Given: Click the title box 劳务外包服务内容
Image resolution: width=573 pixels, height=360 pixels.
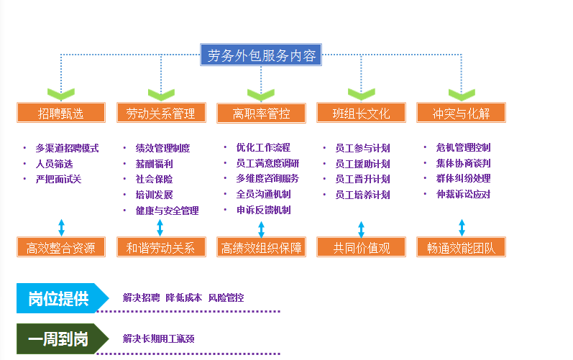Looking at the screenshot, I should coord(261,55).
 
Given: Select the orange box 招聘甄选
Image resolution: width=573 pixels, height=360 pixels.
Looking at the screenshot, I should coord(61,113).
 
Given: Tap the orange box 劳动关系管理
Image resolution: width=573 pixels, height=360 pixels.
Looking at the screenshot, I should coord(160,113).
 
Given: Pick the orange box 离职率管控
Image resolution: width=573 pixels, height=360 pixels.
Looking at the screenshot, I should coord(261,113).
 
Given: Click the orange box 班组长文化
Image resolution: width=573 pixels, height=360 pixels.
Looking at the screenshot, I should coord(361,113).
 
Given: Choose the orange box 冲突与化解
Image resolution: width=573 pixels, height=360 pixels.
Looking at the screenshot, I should coord(461,113).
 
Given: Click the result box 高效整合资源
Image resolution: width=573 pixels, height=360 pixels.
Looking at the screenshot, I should coord(61,248).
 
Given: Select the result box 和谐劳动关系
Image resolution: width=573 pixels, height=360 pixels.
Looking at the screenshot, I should coord(160,248).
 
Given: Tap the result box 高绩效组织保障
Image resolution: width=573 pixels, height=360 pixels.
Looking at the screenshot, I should coord(261,248).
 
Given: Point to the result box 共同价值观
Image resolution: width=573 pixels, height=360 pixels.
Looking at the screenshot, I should coord(361,248).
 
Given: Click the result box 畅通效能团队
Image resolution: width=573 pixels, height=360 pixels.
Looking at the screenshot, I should coord(461,248).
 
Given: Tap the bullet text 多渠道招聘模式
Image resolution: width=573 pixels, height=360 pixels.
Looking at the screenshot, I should coord(67,148).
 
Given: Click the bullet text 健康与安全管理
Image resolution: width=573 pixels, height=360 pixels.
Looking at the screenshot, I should coord(167,211).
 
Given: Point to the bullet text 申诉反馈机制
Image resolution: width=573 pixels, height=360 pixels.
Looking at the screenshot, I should coord(263,210).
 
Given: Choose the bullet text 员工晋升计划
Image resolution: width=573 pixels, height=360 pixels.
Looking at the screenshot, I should coord(362,179).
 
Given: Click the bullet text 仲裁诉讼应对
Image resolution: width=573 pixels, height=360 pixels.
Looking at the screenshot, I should coord(464,194).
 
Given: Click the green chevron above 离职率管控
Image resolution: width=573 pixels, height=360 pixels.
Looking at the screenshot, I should coord(261,94).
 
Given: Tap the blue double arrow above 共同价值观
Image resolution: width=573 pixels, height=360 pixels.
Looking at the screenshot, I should coord(361,229).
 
